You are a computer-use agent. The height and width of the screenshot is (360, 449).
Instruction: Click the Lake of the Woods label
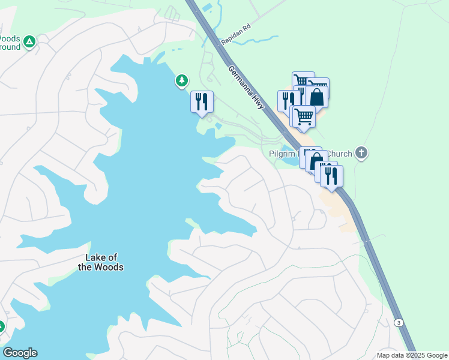(104, 262)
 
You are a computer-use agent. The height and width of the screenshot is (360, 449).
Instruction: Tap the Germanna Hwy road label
(247, 87)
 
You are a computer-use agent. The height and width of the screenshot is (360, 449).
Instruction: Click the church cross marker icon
(361, 153)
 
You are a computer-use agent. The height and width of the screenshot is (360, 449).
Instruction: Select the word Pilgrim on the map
(283, 154)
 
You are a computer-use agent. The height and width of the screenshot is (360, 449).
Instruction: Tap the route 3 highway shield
(399, 323)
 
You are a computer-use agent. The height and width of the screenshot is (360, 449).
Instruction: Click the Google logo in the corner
(20, 353)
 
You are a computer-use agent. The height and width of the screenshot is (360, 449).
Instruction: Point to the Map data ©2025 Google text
(412, 355)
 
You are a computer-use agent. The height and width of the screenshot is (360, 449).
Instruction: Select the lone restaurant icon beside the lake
(202, 101)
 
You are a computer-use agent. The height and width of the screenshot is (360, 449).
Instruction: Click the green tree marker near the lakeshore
(181, 80)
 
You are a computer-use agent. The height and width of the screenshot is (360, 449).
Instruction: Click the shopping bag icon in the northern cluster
(316, 96)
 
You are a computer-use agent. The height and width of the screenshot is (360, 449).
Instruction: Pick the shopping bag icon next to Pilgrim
(316, 161)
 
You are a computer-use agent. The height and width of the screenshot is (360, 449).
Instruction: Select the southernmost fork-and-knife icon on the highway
(331, 175)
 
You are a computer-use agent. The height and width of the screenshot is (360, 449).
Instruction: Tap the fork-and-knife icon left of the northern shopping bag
(288, 100)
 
